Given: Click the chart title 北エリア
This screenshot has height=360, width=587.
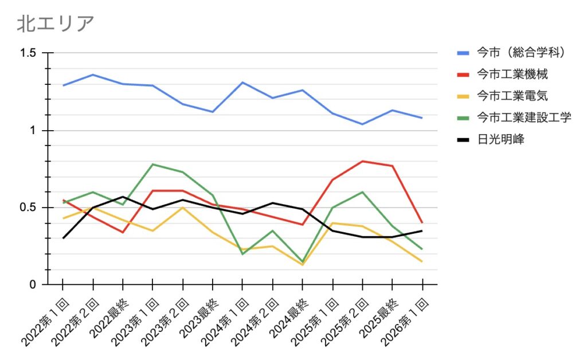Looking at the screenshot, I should (55, 24).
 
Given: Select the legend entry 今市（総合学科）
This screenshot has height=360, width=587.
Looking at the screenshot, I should (522, 53).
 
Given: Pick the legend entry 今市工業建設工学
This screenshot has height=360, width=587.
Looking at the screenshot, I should (524, 118).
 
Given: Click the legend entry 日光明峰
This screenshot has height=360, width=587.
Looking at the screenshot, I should (500, 139).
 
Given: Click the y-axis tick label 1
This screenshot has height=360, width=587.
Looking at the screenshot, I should (33, 131).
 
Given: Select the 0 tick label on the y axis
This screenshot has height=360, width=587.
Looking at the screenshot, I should (33, 285).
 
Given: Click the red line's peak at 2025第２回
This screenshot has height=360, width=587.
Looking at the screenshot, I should (362, 161).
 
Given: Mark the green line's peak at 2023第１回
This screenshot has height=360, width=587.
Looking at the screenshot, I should (153, 165).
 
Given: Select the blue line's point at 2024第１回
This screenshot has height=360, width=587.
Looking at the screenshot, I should (242, 83).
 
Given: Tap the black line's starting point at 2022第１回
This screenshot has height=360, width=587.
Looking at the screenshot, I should (63, 238).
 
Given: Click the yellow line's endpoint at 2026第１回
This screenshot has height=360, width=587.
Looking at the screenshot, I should (422, 261).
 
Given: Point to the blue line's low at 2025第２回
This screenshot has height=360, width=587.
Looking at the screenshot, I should (362, 124).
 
